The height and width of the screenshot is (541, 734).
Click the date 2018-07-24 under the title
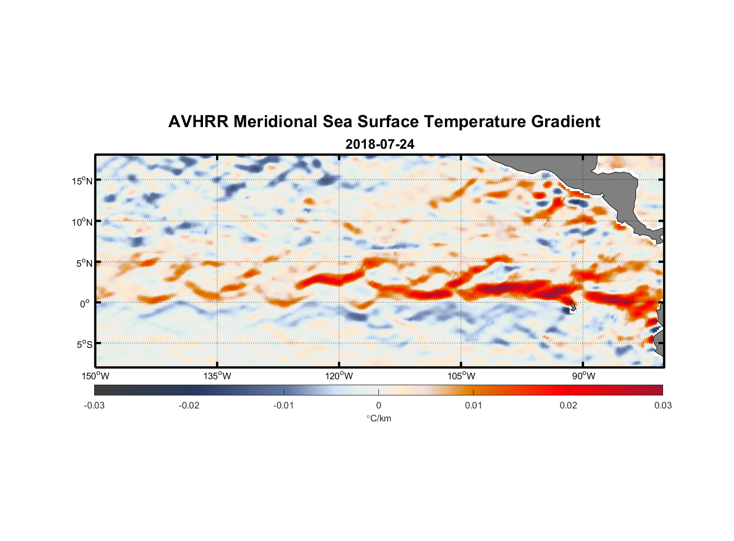click(379, 144)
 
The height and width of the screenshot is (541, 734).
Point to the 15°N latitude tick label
click(82, 181)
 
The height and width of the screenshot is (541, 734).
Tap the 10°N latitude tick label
click(82, 222)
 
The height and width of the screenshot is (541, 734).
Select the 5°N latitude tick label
click(84, 263)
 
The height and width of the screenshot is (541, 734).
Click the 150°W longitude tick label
click(96, 376)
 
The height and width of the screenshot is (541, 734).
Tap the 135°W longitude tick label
click(218, 376)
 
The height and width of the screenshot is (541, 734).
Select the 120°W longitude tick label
click(339, 376)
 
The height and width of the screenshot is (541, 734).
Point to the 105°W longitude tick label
click(461, 376)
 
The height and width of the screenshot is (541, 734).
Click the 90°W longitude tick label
click(584, 376)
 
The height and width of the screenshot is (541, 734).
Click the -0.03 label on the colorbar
click(94, 405)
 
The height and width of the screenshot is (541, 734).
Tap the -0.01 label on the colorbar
click(284, 405)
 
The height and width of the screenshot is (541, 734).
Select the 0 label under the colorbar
click(378, 405)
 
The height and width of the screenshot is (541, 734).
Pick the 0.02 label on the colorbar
click(568, 405)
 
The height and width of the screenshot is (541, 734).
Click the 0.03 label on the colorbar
click(663, 405)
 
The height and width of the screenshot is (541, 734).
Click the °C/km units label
click(378, 418)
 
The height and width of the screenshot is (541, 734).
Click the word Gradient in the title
click(565, 122)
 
